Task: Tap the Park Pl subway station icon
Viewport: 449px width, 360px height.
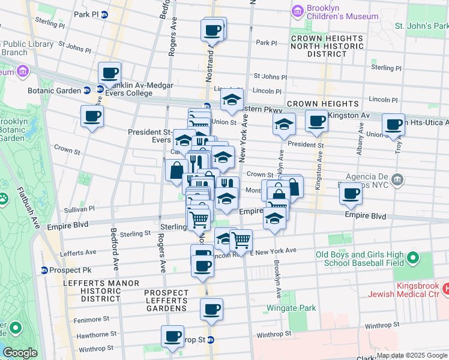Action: click(x=104, y=14)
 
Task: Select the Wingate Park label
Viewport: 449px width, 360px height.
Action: click(x=291, y=308)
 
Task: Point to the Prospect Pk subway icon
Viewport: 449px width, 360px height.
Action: click(x=44, y=271)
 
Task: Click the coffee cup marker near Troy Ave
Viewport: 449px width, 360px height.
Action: click(x=393, y=124)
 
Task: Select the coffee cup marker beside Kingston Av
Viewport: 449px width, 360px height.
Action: click(x=316, y=121)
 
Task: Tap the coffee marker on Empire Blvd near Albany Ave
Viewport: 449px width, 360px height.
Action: click(x=352, y=193)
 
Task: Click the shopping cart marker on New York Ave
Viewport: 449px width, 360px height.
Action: click(x=241, y=240)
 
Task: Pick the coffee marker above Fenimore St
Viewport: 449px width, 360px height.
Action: click(x=211, y=310)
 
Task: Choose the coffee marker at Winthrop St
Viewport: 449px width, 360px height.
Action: click(x=173, y=335)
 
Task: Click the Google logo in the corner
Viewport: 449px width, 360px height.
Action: click(x=20, y=353)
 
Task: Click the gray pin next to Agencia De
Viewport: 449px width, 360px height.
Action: click(x=397, y=179)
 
